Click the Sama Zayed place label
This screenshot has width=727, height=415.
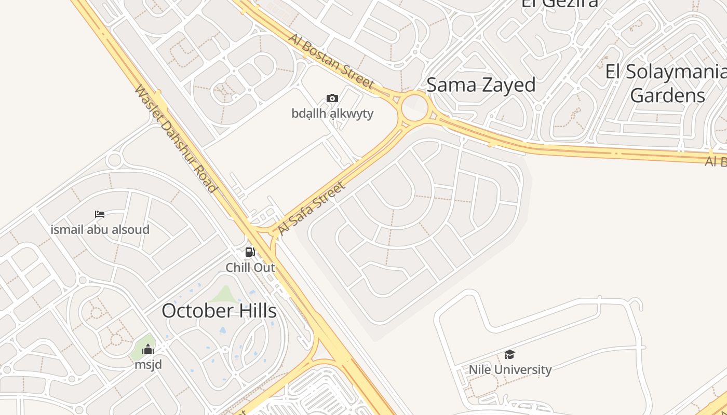click(481, 85)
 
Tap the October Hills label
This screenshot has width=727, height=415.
click(219, 311)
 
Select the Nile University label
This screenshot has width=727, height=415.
click(510, 370)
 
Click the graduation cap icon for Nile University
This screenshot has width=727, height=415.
click(509, 355)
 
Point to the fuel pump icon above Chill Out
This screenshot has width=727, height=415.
click(250, 253)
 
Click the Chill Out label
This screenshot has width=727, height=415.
click(250, 268)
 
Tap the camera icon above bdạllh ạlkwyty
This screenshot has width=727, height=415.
click(332, 98)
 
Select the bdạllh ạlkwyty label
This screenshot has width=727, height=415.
click(332, 113)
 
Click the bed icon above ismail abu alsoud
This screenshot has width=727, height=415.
click(100, 214)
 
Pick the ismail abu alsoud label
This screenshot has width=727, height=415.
click(100, 229)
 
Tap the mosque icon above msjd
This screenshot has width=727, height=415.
click(148, 349)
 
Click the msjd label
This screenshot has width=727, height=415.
click(148, 364)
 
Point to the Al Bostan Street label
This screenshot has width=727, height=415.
click(331, 61)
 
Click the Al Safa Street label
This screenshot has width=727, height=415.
click(311, 208)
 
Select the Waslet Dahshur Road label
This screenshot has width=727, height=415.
click(175, 139)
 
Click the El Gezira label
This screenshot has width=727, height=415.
click(559, 3)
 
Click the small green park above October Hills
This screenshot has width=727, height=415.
click(224, 294)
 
